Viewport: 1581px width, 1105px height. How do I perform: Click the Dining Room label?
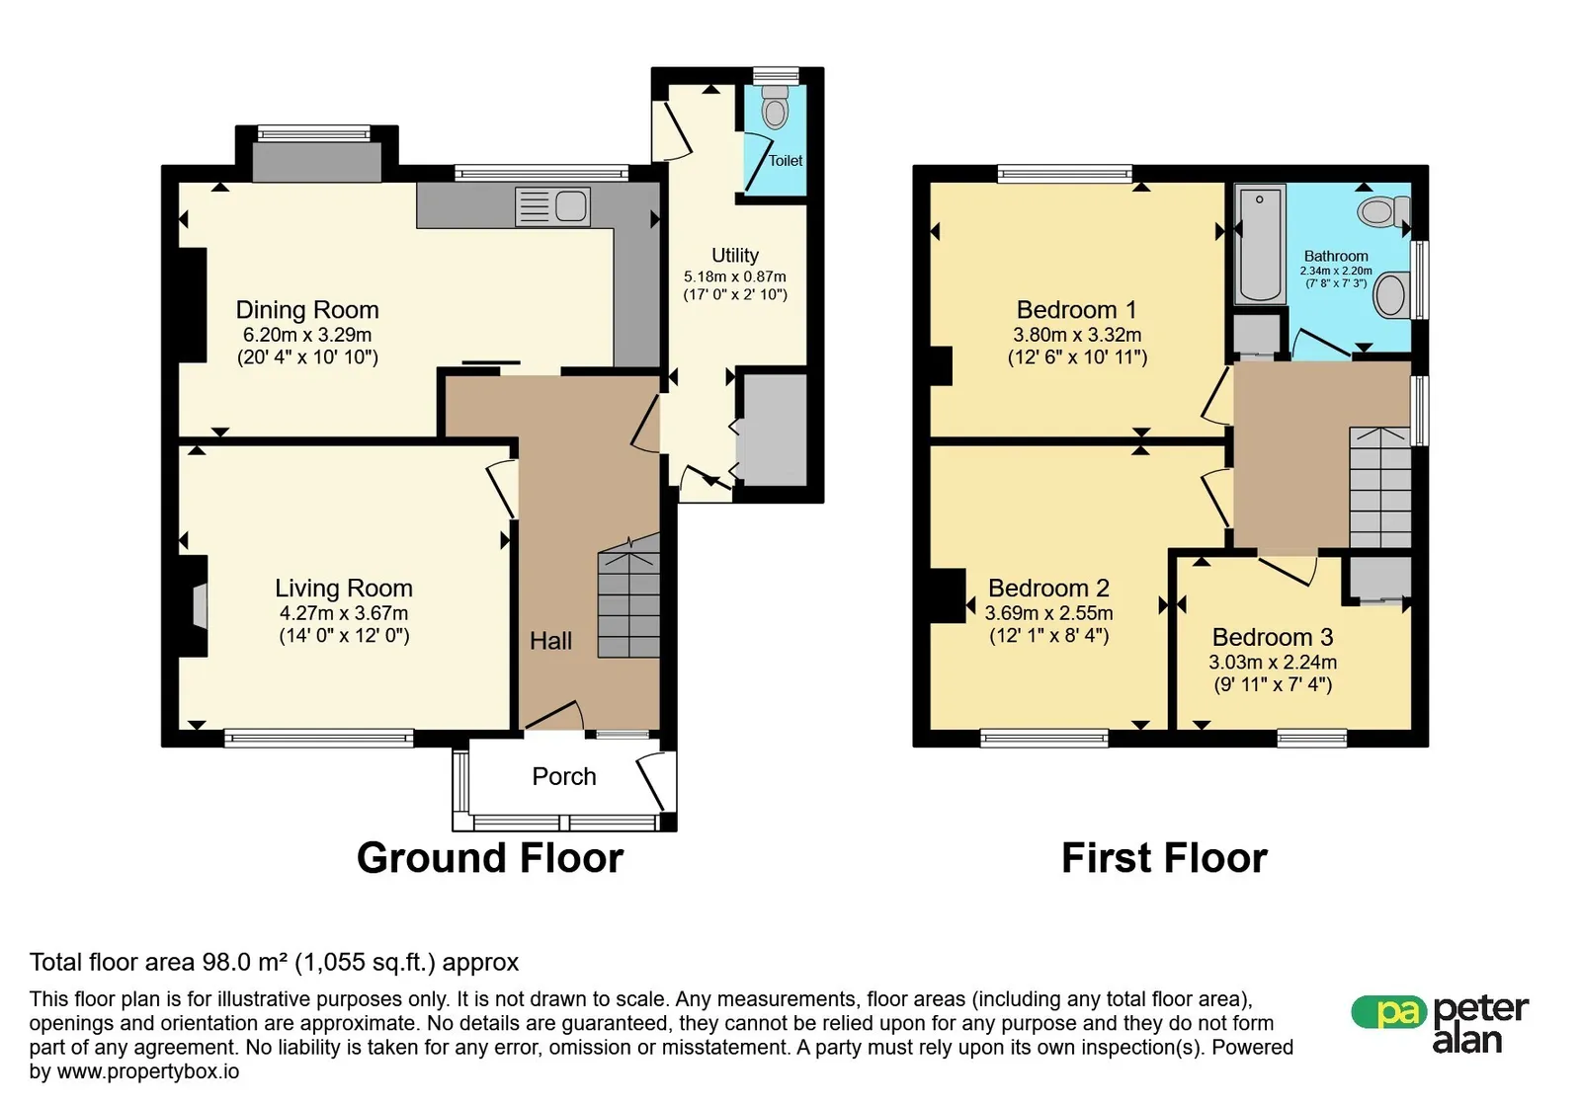307,310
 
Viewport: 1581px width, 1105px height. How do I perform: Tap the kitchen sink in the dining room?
552,206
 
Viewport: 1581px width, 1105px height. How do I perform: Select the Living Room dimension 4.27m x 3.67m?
344,613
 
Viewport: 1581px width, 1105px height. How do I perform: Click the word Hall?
550,641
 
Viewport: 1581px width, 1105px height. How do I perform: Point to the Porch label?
564,776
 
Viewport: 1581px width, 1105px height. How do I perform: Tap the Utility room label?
735,256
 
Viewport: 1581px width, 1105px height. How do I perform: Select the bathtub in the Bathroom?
1260,244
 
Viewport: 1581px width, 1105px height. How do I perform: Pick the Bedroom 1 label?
1076,310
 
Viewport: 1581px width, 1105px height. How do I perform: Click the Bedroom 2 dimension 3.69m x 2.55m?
1048,613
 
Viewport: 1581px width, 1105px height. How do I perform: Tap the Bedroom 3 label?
1273,638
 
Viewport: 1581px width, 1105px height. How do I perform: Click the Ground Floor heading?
490,858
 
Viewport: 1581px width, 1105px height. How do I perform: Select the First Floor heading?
1165,858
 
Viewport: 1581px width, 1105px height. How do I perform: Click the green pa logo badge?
1388,1011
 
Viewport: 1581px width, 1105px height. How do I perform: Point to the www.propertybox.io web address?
148,1071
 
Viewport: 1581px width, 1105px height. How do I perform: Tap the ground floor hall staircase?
628,595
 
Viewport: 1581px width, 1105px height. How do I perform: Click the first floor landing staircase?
1379,487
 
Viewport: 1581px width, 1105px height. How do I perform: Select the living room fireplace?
194,606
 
